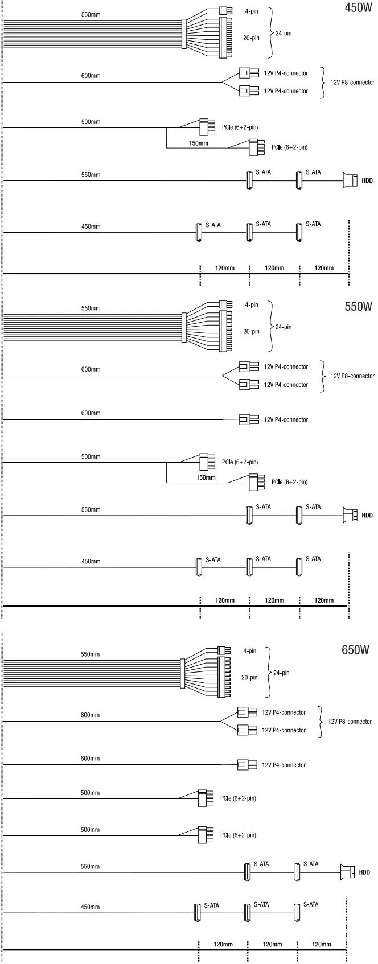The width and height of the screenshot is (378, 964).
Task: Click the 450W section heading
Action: pos(359,8)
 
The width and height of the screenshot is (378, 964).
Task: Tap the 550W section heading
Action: pos(358,306)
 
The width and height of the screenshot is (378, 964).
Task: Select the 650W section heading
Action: pos(356,650)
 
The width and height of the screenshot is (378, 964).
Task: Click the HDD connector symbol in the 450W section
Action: pos(350,180)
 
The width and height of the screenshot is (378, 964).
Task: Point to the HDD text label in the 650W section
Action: pos(364,872)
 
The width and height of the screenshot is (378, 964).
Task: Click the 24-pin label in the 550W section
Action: pos(283,327)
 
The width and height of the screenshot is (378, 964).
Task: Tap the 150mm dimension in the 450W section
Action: pos(199,143)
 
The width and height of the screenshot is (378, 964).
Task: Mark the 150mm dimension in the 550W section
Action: pos(206,477)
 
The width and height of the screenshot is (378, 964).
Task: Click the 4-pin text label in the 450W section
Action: pos(251,11)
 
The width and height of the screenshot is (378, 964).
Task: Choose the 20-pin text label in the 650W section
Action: pos(249,678)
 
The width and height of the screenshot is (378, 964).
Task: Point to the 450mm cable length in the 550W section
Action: pos(91,562)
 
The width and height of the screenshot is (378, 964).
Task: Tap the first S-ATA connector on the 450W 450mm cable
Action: pos(199,232)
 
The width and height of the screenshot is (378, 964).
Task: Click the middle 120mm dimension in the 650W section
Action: pos(272,945)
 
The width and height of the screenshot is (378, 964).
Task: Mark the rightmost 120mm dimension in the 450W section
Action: pos(324,268)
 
